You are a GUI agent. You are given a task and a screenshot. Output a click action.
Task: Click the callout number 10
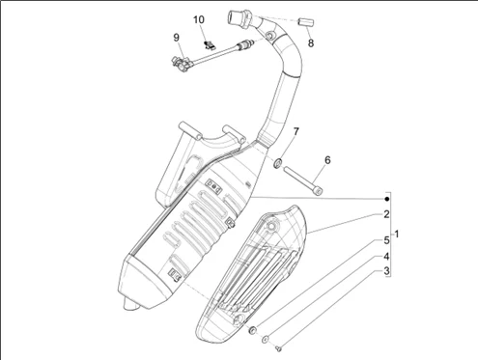pyautogui.click(x=199, y=20)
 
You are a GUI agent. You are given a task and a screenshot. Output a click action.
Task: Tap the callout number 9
pyautogui.click(x=176, y=38)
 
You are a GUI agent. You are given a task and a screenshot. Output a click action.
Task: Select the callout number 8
pyautogui.click(x=311, y=42)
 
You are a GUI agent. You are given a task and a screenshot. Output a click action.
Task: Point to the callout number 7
pyautogui.click(x=295, y=131)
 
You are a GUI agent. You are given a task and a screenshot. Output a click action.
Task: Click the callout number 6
pyautogui.click(x=327, y=160)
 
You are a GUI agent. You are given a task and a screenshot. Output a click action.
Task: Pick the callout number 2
pyautogui.click(x=386, y=214)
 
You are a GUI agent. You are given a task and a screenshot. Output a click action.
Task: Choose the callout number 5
pyautogui.click(x=386, y=240)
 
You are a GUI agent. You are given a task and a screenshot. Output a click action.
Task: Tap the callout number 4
pyautogui.click(x=386, y=257)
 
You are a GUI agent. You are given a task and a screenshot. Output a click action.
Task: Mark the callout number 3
pyautogui.click(x=386, y=271)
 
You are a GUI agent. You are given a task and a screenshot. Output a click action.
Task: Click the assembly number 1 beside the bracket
pyautogui.click(x=397, y=235)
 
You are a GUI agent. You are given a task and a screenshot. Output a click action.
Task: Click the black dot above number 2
pyautogui.click(x=387, y=199)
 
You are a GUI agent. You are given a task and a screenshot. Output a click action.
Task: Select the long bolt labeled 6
pyautogui.click(x=303, y=180)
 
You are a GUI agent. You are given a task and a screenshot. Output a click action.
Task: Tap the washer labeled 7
pyautogui.click(x=277, y=163)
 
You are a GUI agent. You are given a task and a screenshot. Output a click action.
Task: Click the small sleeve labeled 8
pyautogui.click(x=306, y=22)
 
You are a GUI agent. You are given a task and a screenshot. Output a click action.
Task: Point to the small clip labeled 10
pyautogui.click(x=209, y=44)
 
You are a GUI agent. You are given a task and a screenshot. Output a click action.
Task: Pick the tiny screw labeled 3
pyautogui.click(x=279, y=347)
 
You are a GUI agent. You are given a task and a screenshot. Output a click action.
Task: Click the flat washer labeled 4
pyautogui.click(x=266, y=339)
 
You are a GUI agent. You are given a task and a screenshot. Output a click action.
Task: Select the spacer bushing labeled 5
pyautogui.click(x=253, y=329)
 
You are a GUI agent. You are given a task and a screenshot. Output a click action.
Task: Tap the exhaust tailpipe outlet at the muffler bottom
pyautogui.click(x=130, y=305)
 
